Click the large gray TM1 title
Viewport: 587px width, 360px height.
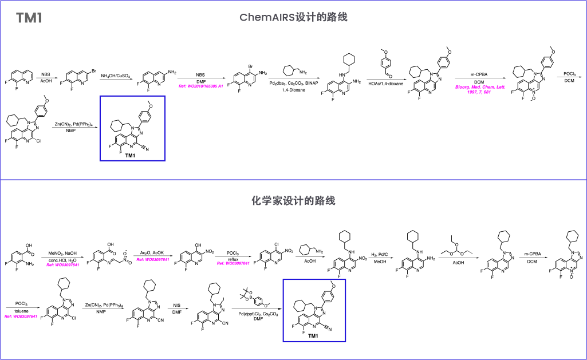[x=29, y=18]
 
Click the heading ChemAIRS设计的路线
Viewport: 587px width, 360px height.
[x=293, y=18]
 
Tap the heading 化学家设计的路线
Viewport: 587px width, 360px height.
[x=293, y=201]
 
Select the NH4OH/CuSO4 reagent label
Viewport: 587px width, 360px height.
[x=116, y=76]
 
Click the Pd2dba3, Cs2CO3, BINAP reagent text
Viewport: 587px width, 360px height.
[x=293, y=84]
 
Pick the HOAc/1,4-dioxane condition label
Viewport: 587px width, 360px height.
[x=385, y=84]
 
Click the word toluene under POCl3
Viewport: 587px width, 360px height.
[x=21, y=310]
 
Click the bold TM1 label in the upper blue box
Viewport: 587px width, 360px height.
[x=130, y=156]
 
